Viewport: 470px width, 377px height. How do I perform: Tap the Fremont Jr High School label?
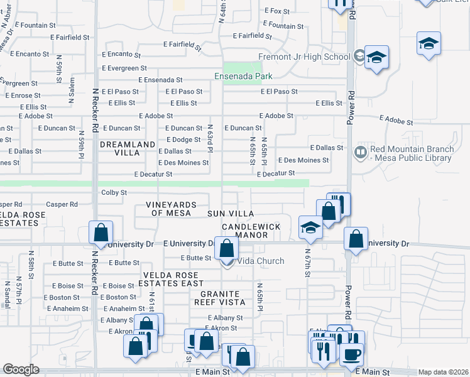coord(304,57)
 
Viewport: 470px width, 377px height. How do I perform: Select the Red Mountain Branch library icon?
coord(360,152)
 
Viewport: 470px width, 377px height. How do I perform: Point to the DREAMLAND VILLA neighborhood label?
coord(128,148)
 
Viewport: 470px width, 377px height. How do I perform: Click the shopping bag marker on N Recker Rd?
coord(101,232)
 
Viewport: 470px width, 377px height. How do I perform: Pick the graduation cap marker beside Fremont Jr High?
coord(376,57)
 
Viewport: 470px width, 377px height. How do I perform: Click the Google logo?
coord(21,369)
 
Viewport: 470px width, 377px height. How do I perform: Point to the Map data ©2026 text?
coord(443,372)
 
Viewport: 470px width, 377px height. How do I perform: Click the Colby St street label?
coord(114,192)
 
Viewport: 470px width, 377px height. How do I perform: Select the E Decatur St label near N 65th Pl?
coord(276,173)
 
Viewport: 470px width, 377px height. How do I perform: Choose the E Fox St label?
coord(276,11)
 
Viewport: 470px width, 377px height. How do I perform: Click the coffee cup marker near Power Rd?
coord(351,354)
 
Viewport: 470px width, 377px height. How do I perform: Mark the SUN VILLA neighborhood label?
coord(230,214)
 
